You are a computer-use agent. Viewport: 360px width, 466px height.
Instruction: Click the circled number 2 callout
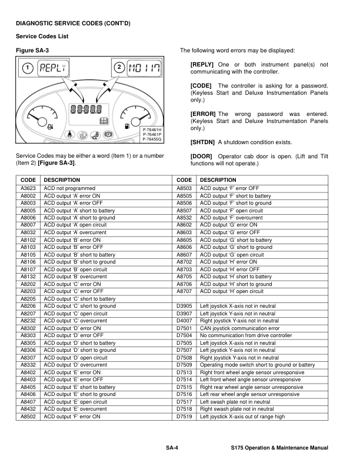[119, 67]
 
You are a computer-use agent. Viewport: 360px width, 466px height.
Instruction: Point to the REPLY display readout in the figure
[53, 67]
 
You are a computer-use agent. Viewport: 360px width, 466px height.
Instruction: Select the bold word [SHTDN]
[203, 142]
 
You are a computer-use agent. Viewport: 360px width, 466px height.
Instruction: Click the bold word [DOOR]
[201, 156]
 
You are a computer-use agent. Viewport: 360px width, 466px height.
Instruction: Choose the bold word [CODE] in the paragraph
[201, 86]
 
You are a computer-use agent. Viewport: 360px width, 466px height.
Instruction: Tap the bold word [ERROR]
[203, 114]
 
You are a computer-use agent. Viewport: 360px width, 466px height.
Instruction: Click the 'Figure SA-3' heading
[31, 51]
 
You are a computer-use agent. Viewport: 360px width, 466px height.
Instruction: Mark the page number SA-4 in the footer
[172, 448]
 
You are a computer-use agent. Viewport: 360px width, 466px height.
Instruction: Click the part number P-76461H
[152, 129]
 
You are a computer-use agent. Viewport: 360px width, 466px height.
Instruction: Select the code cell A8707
[185, 291]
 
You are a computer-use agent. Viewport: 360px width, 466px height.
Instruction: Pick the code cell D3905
[185, 306]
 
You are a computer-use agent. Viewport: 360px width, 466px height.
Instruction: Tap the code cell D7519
[185, 417]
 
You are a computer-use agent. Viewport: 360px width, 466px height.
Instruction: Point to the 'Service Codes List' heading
[42, 36]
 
